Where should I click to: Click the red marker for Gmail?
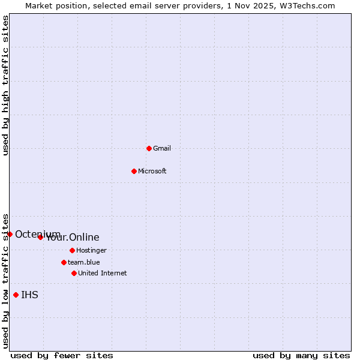pos(149,148)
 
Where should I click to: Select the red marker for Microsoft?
pos(134,171)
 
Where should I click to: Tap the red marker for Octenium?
pos(10,234)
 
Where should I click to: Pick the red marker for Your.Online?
pos(40,237)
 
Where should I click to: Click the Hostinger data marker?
pos(72,250)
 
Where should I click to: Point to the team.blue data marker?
pos(64,262)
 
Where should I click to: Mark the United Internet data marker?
pos(74,273)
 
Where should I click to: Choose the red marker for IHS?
pos(16,295)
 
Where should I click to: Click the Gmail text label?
pos(162,148)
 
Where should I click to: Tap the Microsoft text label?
pos(152,171)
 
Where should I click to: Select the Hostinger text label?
pos(91,250)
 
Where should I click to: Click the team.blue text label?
pos(84,262)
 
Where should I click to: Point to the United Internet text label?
pos(103,273)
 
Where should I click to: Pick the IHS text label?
pos(29,295)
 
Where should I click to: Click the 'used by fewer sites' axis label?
pos(62,356)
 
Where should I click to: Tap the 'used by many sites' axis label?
pos(301,356)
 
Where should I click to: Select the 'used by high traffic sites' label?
pos(6,85)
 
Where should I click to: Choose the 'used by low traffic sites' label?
pos(6,280)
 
